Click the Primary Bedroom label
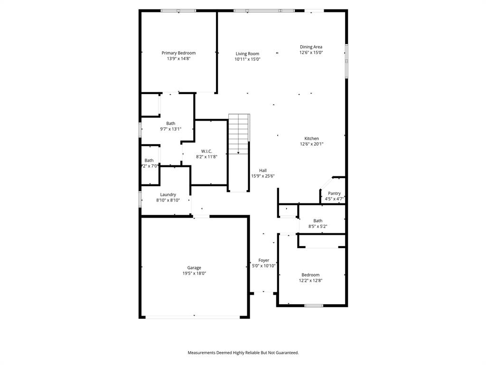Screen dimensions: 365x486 tap(178, 53)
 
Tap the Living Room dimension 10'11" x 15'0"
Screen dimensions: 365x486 tap(247, 59)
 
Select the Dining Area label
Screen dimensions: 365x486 tap(311, 47)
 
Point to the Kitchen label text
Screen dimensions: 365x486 tap(311, 138)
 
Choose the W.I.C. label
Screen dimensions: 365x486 tap(206, 151)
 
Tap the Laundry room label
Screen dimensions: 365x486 tap(168, 194)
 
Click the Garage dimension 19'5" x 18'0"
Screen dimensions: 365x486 tap(194, 273)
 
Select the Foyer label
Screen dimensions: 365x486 tap(263, 260)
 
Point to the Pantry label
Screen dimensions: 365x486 tap(334, 193)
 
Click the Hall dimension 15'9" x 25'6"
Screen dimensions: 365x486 tap(263, 176)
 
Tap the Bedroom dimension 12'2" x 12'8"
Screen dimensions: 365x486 tap(310, 280)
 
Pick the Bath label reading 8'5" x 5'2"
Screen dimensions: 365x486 tap(318, 226)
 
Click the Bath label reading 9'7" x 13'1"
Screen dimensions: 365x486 tap(170, 129)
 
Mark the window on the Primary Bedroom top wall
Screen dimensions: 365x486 tap(178, 10)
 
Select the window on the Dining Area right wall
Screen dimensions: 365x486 tap(346, 61)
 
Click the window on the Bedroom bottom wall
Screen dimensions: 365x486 tap(313, 306)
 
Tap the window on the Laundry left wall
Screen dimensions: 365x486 tap(140, 199)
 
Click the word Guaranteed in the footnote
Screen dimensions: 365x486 tap(284, 353)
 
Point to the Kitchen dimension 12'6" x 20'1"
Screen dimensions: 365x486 tap(311, 144)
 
